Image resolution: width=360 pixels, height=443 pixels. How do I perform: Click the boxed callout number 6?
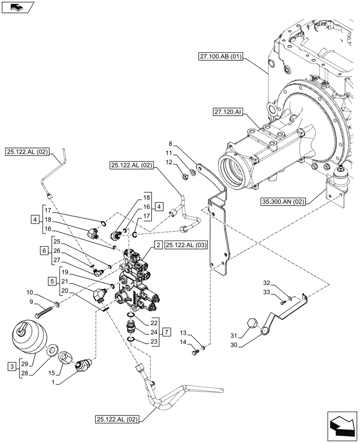43,251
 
